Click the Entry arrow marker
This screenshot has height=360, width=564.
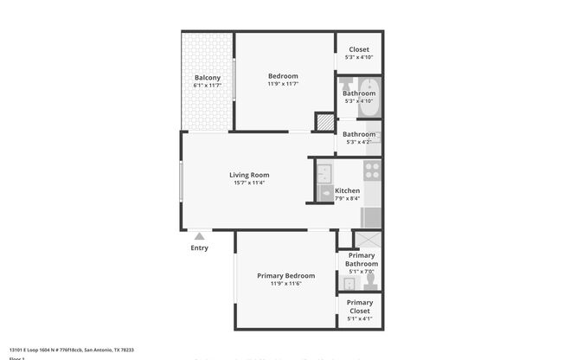[x=200, y=235]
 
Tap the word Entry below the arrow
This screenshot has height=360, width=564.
[x=200, y=248]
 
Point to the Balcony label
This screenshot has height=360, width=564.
[x=208, y=78]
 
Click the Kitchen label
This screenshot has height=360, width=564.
[x=348, y=190]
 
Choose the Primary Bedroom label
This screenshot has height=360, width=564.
[x=285, y=275]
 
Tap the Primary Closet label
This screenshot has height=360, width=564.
[x=359, y=306]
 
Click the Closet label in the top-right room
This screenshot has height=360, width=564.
[x=358, y=50]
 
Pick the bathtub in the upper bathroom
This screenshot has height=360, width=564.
[x=369, y=97]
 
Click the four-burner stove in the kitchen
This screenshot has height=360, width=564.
[x=373, y=170]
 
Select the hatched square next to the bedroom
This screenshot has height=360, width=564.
[x=324, y=122]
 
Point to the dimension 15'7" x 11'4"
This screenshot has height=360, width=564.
[x=249, y=183]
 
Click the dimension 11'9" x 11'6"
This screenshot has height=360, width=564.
[x=285, y=284]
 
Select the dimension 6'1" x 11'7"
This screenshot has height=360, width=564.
[x=208, y=86]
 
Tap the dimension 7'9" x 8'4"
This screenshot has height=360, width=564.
[x=348, y=199]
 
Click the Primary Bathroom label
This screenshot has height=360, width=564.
[x=362, y=260]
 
